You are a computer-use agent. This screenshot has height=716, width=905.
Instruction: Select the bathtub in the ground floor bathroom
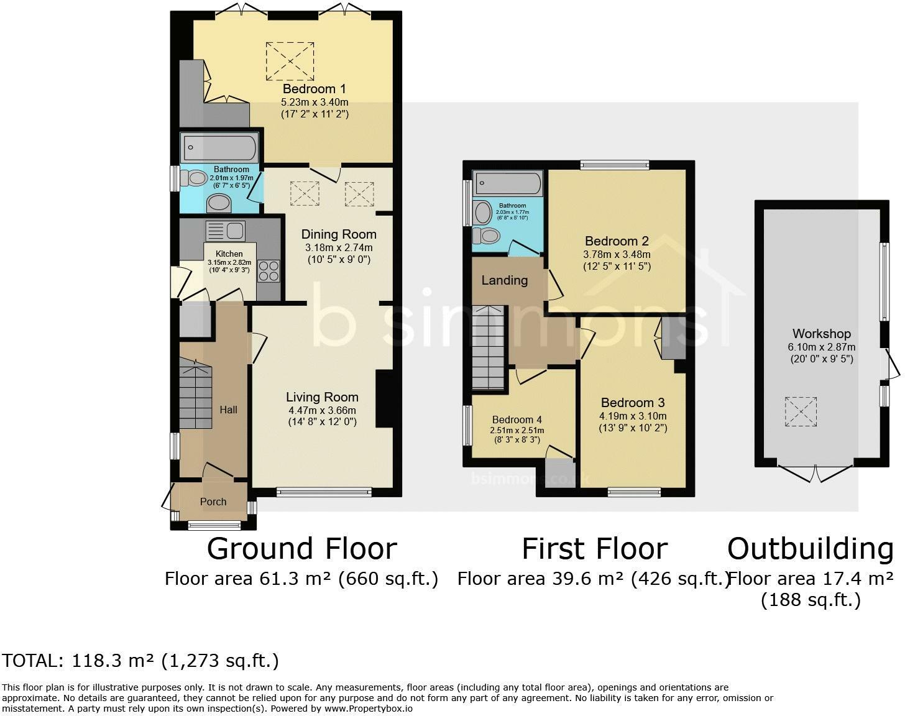pyautogui.click(x=219, y=149)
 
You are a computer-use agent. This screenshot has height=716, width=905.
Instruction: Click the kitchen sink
pyautogui.click(x=225, y=231)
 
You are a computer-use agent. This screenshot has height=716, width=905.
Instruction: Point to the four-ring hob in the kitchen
pyautogui.click(x=269, y=271)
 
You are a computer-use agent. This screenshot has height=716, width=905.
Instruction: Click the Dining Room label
pyautogui.click(x=339, y=234)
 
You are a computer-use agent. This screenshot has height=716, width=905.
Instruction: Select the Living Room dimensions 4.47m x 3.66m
pyautogui.click(x=322, y=410)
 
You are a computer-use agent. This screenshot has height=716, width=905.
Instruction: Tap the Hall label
pyautogui.click(x=228, y=410)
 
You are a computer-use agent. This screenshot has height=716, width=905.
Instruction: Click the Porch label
pyautogui.click(x=213, y=502)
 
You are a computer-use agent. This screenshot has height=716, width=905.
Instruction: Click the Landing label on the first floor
pyautogui.click(x=504, y=280)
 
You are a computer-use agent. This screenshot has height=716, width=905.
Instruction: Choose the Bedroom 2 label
pyautogui.click(x=617, y=241)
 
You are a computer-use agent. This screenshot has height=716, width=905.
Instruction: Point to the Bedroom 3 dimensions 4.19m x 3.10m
pyautogui.click(x=633, y=416)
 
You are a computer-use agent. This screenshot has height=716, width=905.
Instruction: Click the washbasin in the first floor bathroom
pyautogui.click(x=482, y=213)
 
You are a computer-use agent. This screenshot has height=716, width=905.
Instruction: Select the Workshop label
pyautogui.click(x=821, y=334)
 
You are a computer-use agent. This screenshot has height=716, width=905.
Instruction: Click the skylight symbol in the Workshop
pyautogui.click(x=799, y=411)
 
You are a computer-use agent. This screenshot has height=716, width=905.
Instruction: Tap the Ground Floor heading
pyautogui.click(x=301, y=549)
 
